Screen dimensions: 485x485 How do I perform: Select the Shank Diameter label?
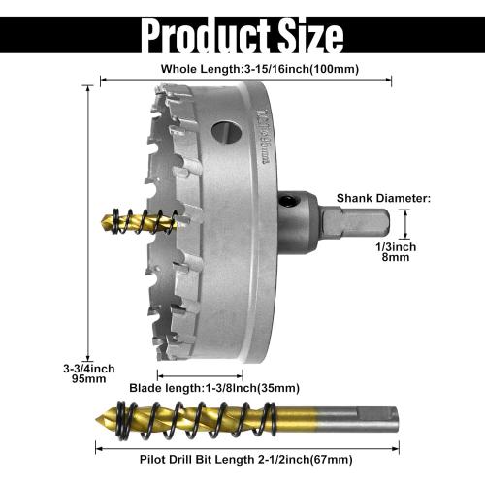click(x=382, y=198)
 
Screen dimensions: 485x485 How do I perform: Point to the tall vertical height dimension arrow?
click(x=88, y=223)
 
